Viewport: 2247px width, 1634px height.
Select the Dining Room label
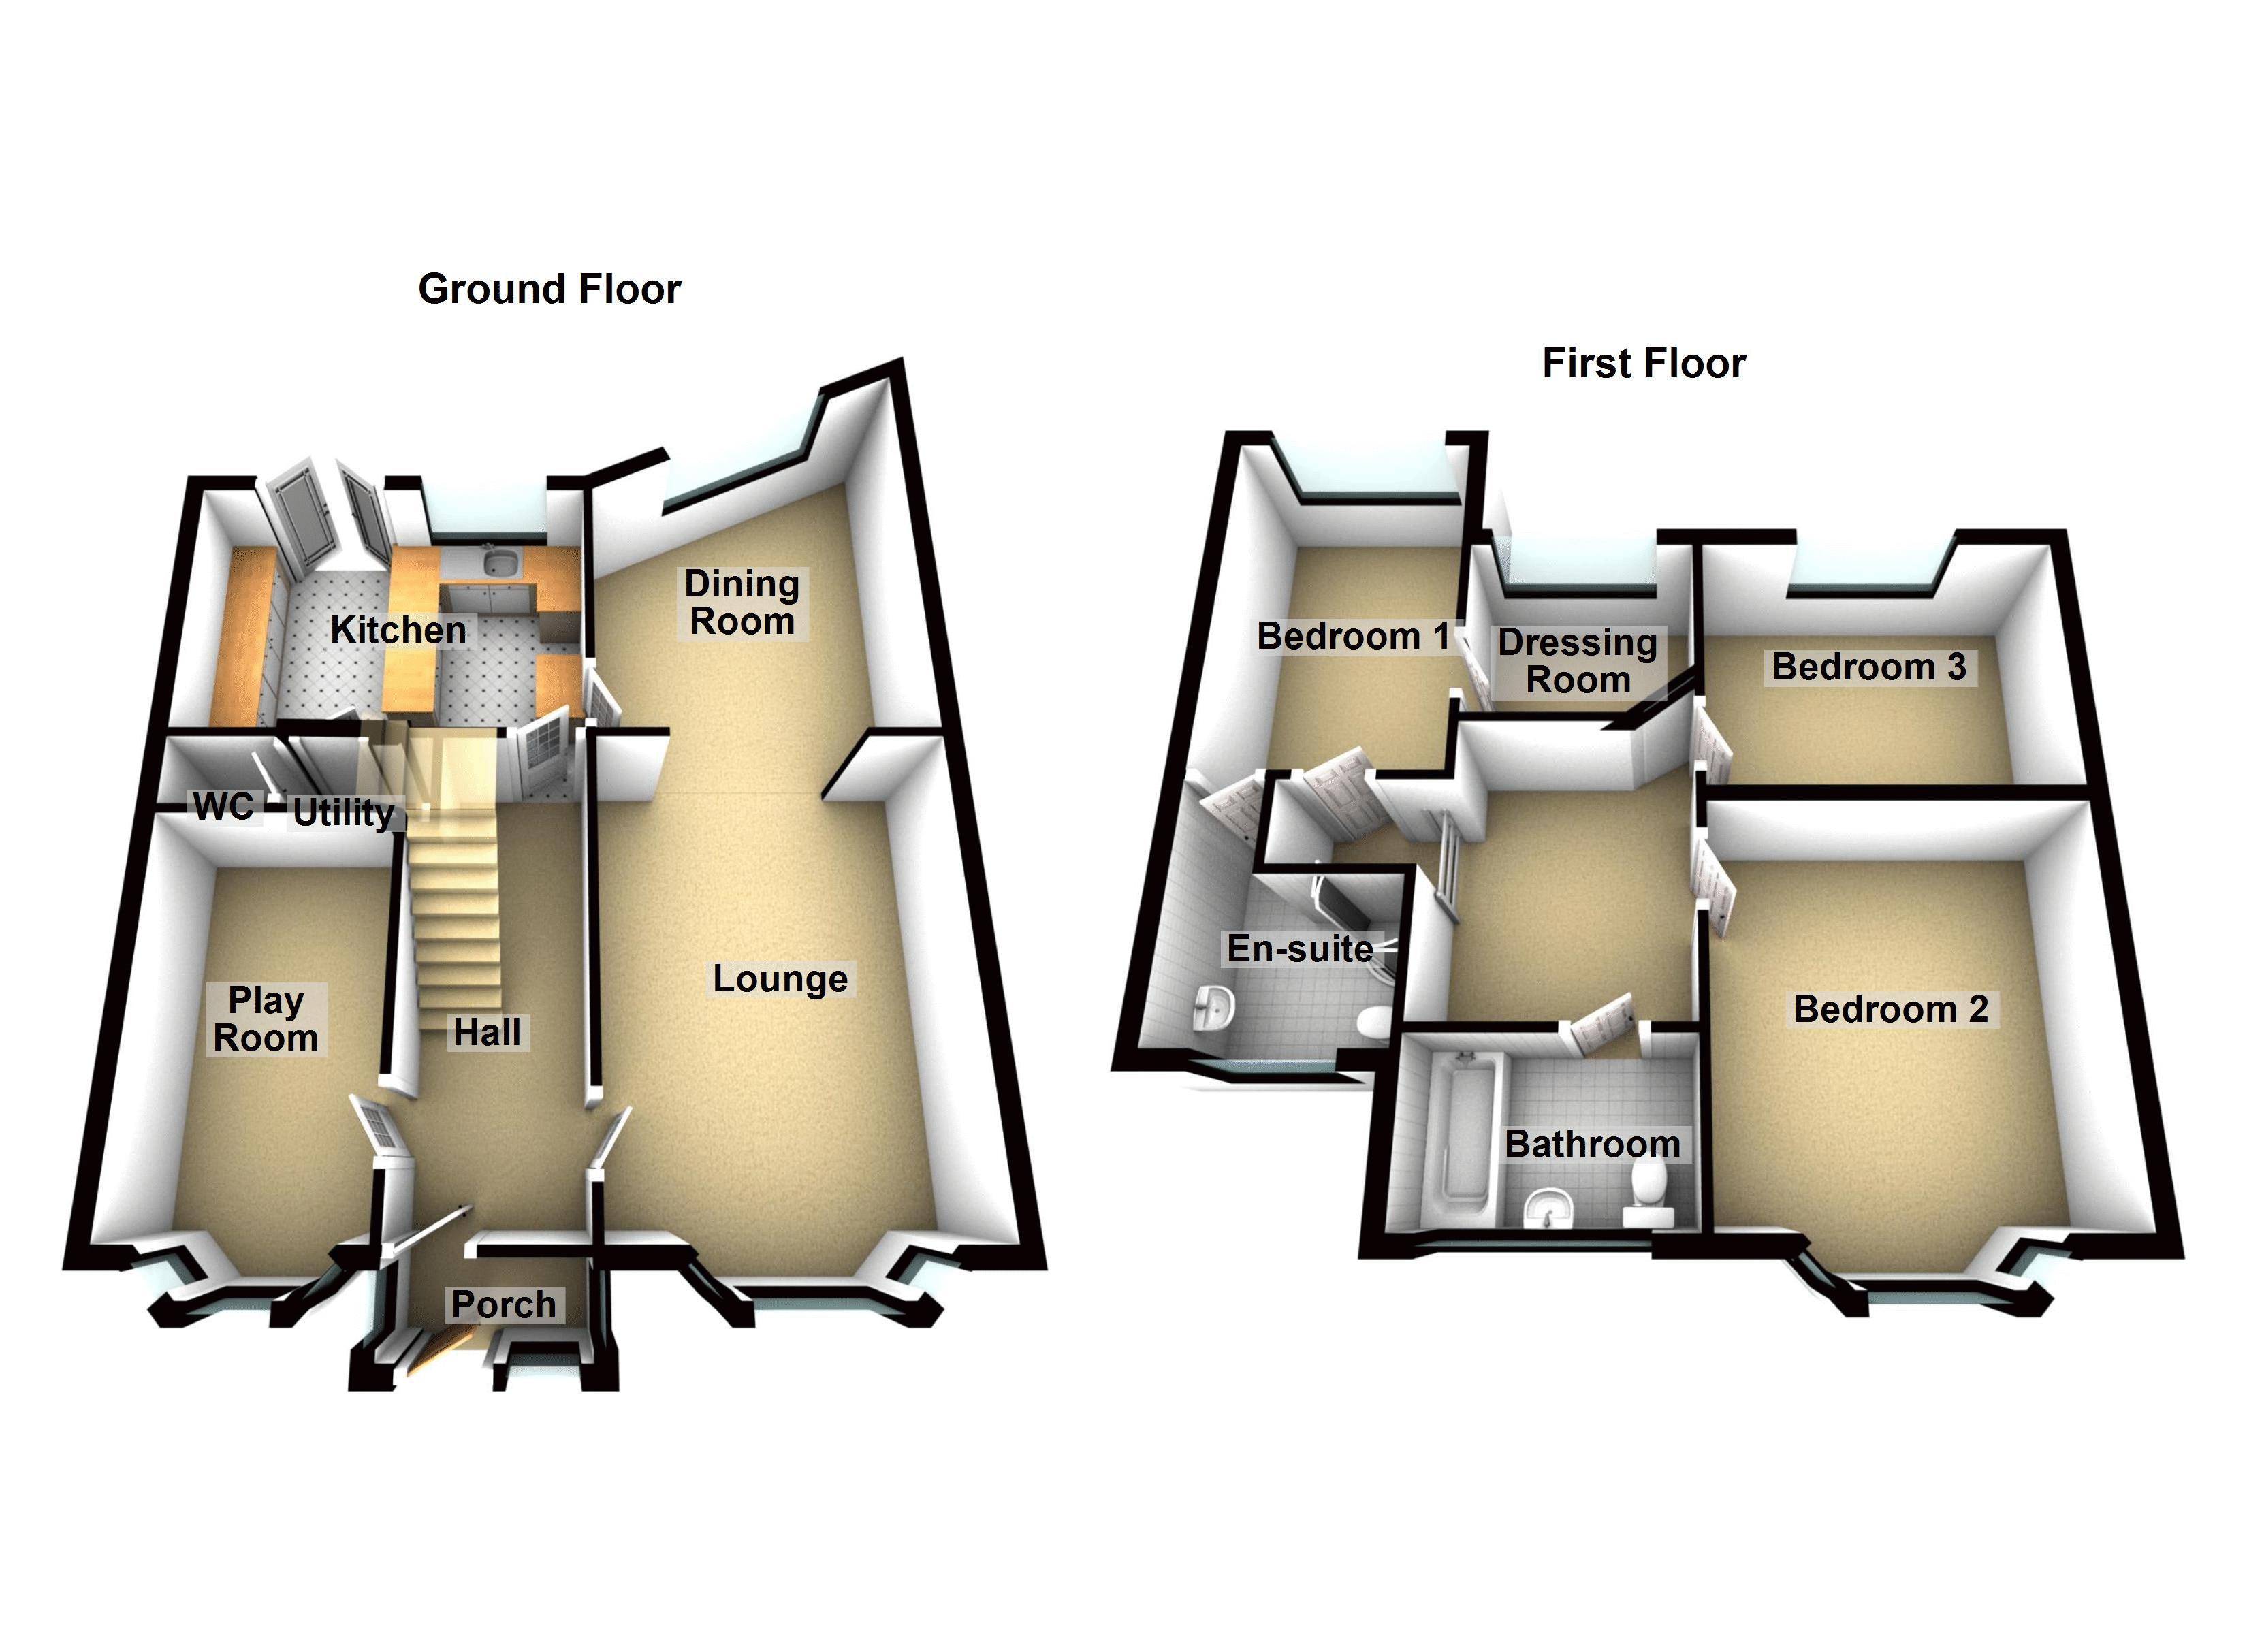[x=742, y=603]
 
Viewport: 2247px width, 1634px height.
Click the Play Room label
[x=266, y=1020]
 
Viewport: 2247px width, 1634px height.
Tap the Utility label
[x=342, y=814]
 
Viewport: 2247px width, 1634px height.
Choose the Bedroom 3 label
[x=1868, y=667]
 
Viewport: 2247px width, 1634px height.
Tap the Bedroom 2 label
[x=1890, y=1009]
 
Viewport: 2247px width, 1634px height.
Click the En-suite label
[x=1299, y=948]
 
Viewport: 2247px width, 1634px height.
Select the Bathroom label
[x=1592, y=1144]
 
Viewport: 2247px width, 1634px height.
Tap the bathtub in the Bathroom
[x=1463, y=1140]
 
